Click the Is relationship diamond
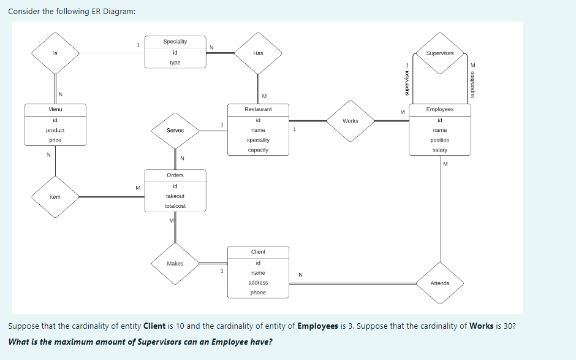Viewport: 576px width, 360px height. [x=55, y=53]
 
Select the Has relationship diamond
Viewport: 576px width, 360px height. [x=258, y=53]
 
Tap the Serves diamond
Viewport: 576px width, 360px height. [x=175, y=131]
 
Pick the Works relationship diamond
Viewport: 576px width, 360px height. [x=351, y=121]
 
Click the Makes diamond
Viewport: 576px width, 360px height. [x=175, y=264]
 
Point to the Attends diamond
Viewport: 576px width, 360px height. [x=439, y=283]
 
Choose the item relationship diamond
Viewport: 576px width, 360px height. [x=55, y=197]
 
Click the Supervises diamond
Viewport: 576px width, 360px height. [x=439, y=53]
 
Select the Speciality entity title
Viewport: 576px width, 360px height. [x=175, y=42]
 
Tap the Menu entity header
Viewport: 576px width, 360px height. [x=55, y=109]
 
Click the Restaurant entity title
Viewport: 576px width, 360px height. [x=258, y=109]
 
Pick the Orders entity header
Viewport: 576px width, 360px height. [x=175, y=175]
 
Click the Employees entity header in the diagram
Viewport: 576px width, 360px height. [x=439, y=109]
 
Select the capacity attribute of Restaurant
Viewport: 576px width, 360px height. [x=258, y=150]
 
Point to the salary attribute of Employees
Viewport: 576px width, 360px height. [x=439, y=150]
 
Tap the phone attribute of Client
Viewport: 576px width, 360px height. [x=258, y=293]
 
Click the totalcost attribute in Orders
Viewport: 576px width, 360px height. [x=175, y=206]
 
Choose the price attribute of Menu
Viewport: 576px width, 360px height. [x=55, y=140]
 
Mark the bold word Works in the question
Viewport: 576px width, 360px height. [x=481, y=326]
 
